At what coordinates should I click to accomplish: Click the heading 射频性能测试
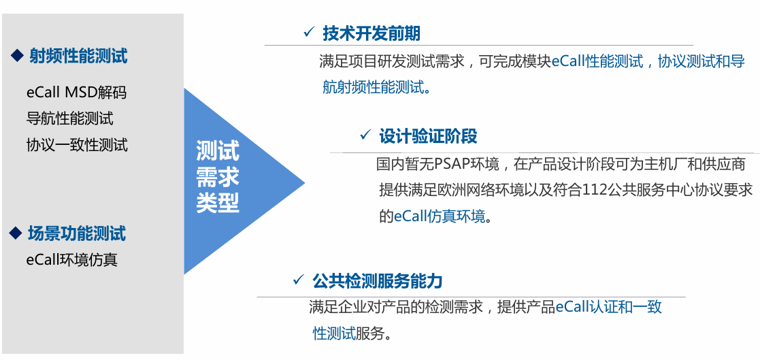78,56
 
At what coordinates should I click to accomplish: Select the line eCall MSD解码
76,92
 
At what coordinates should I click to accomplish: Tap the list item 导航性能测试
69,118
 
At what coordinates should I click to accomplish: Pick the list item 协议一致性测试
77,145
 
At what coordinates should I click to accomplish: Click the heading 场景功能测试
77,234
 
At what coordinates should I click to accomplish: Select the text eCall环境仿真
71,260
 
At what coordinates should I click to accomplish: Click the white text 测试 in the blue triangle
218,150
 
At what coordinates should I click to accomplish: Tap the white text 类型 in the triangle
218,203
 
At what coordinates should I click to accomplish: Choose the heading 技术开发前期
371,33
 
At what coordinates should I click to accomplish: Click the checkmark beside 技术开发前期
309,32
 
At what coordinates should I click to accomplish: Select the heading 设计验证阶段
428,136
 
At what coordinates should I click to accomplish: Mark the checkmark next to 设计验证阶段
365,135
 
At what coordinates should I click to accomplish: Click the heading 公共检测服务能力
378,280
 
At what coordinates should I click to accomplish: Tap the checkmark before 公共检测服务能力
297,280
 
